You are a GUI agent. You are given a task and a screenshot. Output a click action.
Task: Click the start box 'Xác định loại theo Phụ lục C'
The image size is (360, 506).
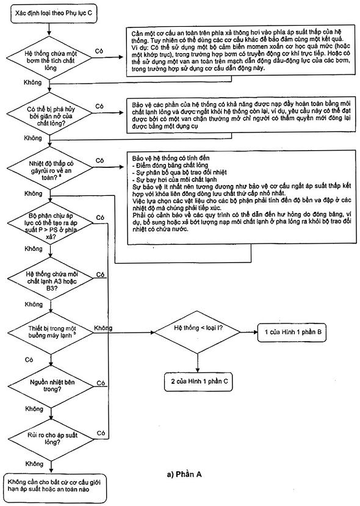click(54, 14)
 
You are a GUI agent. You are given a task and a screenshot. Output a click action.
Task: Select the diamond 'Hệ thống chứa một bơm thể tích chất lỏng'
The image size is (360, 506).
click(50, 60)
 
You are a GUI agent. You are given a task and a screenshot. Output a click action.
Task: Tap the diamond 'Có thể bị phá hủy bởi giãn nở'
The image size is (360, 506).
click(50, 115)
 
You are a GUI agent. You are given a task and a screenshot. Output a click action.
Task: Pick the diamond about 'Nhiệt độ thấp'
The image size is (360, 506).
click(50, 170)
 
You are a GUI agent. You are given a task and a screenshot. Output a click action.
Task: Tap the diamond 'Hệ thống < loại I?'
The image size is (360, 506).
click(198, 332)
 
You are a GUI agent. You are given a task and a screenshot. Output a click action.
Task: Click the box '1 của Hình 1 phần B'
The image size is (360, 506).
click(292, 332)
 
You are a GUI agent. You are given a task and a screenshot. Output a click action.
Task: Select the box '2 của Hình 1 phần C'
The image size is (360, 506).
click(198, 381)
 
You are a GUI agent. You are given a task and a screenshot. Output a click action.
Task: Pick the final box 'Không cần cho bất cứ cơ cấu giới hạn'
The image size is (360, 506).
click(55, 486)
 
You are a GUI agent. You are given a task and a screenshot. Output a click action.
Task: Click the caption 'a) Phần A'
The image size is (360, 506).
click(184, 474)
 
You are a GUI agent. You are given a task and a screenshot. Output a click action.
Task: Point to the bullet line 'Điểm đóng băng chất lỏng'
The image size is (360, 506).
click(170, 165)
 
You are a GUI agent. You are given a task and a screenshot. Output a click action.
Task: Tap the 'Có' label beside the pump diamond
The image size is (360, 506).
click(99, 51)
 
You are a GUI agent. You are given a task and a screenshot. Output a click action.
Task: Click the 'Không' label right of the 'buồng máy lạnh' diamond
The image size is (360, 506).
click(103, 328)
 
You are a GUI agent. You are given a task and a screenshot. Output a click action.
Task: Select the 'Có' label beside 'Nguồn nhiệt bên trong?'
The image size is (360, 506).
click(101, 383)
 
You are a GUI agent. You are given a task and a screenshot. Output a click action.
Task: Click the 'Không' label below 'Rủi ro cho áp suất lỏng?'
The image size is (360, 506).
click(34, 464)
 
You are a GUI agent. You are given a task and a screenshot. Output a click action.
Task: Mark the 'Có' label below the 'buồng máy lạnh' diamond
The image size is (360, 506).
click(29, 360)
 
